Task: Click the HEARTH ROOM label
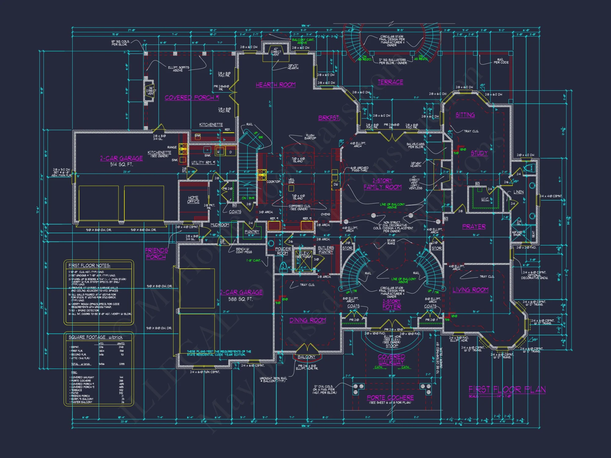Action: tap(276, 85)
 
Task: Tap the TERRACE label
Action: tap(390, 82)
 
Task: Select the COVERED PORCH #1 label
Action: tap(192, 98)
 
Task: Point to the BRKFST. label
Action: tap(329, 118)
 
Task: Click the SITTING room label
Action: tap(465, 115)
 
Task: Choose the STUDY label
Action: tap(479, 153)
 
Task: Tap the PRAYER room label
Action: tap(474, 227)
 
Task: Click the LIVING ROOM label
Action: tap(470, 290)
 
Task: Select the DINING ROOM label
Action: tap(308, 320)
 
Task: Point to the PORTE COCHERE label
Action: tap(390, 398)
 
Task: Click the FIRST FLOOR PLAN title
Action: tap(507, 390)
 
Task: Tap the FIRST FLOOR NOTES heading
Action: tap(89, 266)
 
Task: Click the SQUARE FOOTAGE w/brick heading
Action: tap(95, 337)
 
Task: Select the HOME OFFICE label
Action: tap(193, 200)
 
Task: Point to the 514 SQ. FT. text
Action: tap(122, 164)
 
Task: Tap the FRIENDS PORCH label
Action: tap(156, 254)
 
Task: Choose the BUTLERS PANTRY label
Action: tap(326, 250)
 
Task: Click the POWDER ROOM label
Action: tap(283, 251)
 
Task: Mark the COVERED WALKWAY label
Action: tap(391, 359)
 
